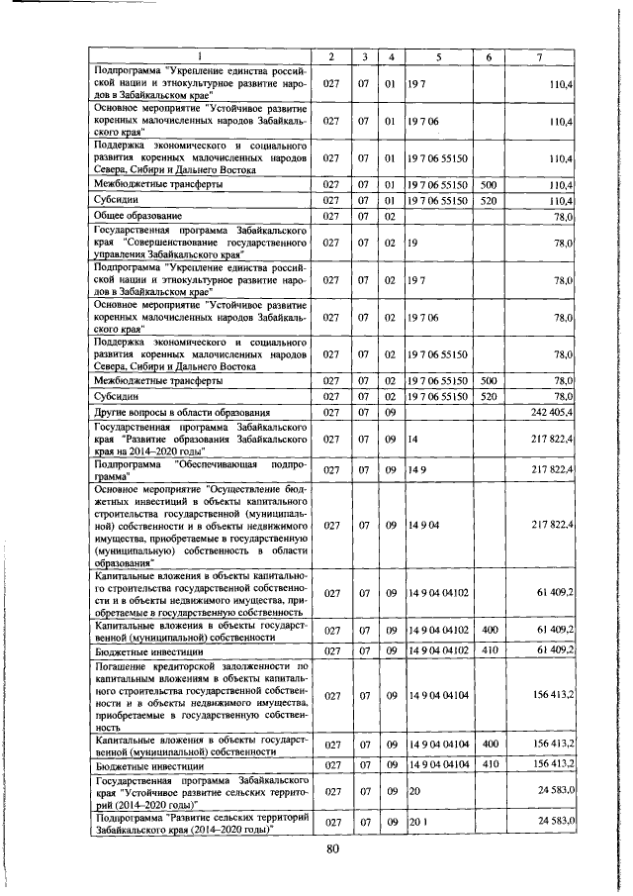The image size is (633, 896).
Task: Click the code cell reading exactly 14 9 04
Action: (421, 524)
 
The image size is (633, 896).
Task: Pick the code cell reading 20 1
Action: (415, 824)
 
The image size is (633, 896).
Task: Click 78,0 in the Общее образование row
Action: (565, 215)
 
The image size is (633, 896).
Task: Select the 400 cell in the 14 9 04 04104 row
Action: (488, 744)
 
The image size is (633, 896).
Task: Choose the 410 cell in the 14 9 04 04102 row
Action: (488, 652)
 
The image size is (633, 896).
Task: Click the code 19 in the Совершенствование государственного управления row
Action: (412, 243)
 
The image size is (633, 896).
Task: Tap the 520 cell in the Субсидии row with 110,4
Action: (488, 199)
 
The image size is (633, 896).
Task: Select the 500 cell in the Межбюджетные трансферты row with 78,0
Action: (488, 380)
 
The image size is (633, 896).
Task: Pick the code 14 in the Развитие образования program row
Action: (412, 436)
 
